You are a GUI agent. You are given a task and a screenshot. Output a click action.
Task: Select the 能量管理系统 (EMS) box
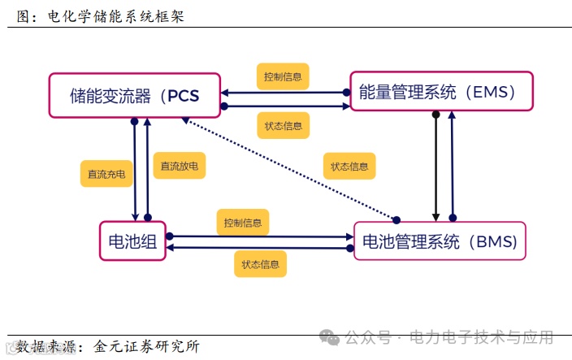pos(441,91)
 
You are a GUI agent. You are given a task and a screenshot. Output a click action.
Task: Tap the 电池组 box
pos(133,241)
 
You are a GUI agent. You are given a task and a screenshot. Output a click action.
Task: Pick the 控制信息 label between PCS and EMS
pos(283,76)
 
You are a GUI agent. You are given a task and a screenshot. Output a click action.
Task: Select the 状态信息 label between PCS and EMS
pos(283,125)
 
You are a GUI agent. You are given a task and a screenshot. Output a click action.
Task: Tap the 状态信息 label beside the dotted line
pos(349,166)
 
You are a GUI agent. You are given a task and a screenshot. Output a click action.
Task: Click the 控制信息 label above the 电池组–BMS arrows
pos(243,222)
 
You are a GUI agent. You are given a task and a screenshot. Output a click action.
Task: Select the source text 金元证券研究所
pos(147,347)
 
